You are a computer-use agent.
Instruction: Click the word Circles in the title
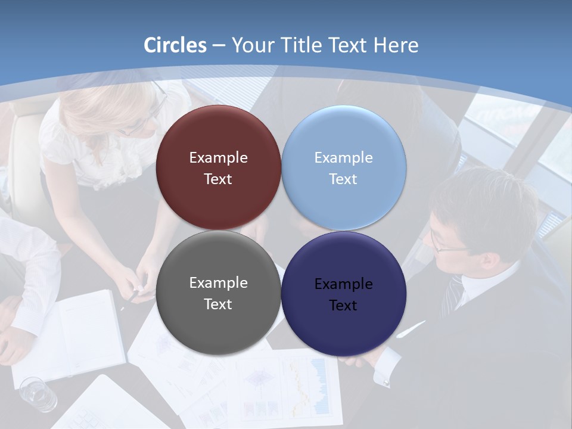[175, 45]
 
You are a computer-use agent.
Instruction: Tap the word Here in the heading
[396, 45]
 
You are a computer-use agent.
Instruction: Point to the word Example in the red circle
[218, 158]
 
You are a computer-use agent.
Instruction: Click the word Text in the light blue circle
[343, 179]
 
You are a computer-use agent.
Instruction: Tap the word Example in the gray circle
[218, 283]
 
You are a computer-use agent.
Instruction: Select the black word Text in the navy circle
[343, 306]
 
